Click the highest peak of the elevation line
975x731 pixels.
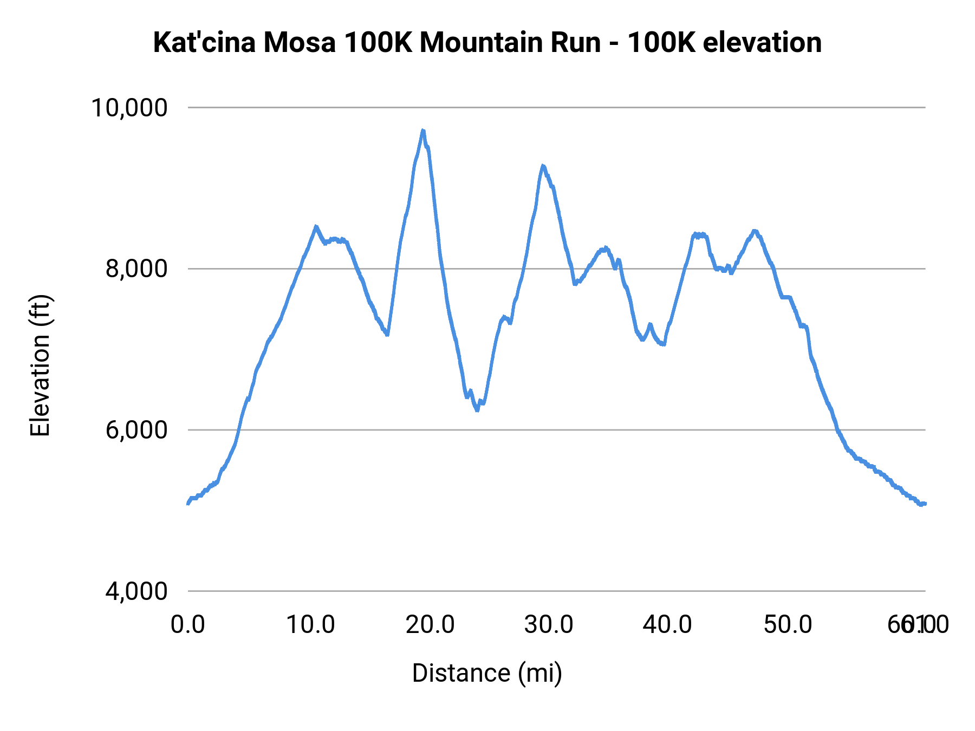coord(423,130)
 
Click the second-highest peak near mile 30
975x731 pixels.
coord(542,166)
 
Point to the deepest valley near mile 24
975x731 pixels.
coord(477,410)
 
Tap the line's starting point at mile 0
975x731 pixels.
coord(187,504)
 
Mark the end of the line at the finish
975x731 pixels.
coord(925,504)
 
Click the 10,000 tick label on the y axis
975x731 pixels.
coord(129,108)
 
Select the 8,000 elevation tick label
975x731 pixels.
coord(136,269)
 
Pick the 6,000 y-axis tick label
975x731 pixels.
coord(136,430)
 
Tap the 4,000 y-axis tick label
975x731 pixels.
coord(136,591)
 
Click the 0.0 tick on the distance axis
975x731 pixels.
coord(187,625)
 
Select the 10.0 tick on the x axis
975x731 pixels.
coord(310,625)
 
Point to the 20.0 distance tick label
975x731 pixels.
coord(430,625)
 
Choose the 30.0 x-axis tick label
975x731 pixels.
coord(549,625)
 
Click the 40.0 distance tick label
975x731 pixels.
coord(667,625)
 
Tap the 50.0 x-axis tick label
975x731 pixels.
coord(788,625)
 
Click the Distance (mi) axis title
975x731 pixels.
coord(487,674)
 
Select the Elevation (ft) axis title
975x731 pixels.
coord(40,365)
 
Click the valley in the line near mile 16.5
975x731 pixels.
coord(387,335)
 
